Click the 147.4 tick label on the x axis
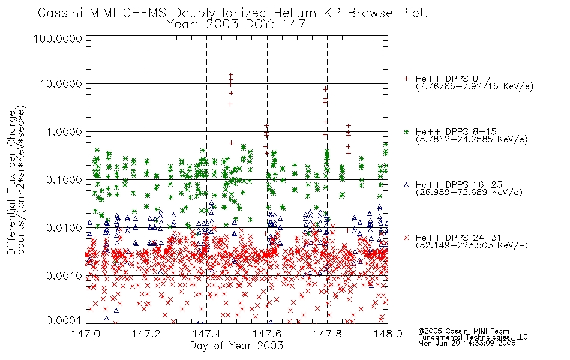(206, 334)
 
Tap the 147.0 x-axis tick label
(86, 334)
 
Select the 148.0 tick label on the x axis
(388, 334)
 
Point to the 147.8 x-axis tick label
(327, 334)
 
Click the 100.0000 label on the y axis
(58, 38)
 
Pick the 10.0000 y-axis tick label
(61, 84)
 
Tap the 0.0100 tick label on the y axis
(64, 228)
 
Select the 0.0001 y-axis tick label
(64, 320)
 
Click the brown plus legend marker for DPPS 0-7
(406, 79)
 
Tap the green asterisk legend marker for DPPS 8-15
(406, 131)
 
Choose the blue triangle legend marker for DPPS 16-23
(406, 185)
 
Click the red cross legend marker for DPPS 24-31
(406, 238)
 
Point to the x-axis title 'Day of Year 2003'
(236, 346)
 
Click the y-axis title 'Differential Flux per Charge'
(11, 182)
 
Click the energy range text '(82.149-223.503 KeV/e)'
(472, 245)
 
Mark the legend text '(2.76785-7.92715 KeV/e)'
(475, 86)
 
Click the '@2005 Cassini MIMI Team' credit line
(464, 331)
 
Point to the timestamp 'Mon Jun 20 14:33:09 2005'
(467, 343)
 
